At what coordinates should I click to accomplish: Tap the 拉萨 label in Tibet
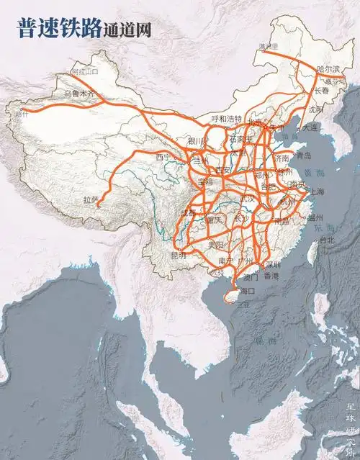click(90, 199)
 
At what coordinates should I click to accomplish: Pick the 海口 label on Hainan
click(247, 291)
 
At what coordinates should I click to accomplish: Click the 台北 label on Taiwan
click(326, 240)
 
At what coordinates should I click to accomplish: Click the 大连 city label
click(310, 127)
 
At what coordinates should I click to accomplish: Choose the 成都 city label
click(188, 213)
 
